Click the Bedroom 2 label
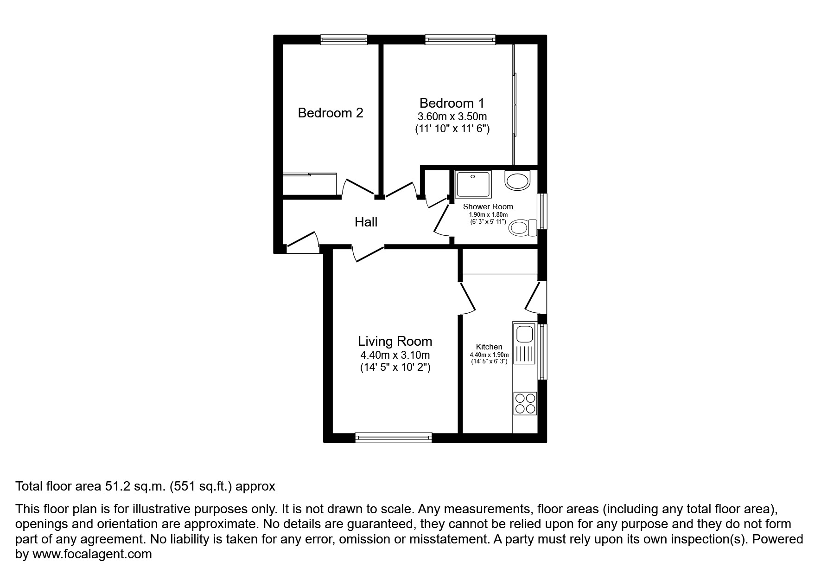[330, 113]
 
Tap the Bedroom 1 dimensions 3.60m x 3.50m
[452, 116]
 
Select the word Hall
[366, 222]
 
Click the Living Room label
[395, 341]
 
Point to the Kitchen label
[489, 347]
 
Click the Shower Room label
[488, 207]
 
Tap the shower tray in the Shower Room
[472, 184]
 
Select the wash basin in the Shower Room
[518, 180]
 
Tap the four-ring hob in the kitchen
[525, 403]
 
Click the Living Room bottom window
[393, 437]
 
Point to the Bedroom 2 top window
[344, 40]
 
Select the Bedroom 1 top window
[460, 40]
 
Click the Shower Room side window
[541, 211]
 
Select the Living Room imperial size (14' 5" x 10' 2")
[395, 368]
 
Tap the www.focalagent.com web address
[92, 554]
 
